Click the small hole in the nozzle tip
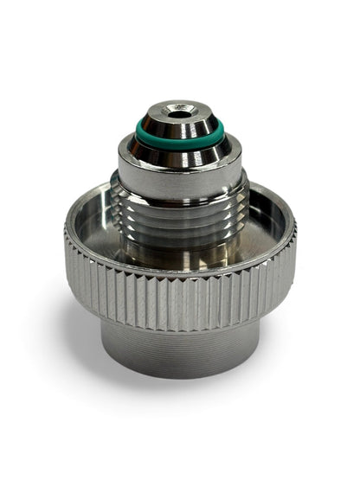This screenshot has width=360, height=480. click(x=180, y=113)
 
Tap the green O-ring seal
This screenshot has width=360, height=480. click(x=179, y=138)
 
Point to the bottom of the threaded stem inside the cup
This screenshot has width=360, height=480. click(x=182, y=255)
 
